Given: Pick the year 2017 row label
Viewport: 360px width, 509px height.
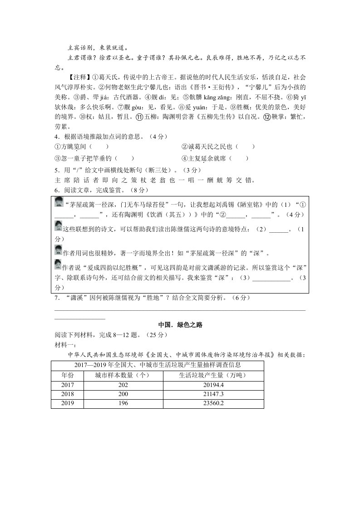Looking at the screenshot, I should [67, 385].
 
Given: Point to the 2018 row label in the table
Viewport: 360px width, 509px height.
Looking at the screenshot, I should [67, 394].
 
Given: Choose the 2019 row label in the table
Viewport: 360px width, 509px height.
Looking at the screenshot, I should [67, 403].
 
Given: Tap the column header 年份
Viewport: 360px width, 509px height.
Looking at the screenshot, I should [67, 375].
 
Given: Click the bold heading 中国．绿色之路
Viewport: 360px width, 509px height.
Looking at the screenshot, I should [180, 325].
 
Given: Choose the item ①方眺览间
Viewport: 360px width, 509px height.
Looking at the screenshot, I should [70, 147].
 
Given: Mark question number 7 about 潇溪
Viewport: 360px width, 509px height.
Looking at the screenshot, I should [56, 298].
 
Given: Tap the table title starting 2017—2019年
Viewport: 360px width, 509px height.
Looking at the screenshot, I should [158, 365].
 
